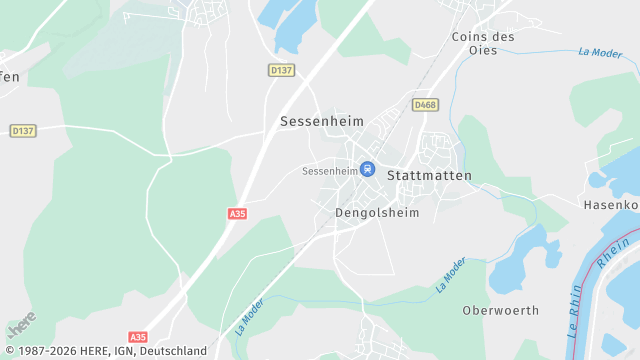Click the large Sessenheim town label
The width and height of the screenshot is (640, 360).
click(x=321, y=121)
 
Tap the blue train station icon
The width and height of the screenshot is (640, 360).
click(x=368, y=170)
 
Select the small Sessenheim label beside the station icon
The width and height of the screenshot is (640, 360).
click(x=329, y=171)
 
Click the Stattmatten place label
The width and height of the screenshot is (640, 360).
click(x=428, y=175)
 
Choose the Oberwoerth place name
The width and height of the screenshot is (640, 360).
click(x=500, y=311)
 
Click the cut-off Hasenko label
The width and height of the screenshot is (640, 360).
click(x=610, y=205)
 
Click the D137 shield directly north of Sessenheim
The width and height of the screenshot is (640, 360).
click(x=281, y=70)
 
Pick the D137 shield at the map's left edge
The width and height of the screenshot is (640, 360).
click(x=22, y=131)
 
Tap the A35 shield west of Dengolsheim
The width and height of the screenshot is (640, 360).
click(x=237, y=213)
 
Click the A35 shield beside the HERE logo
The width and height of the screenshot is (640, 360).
click(x=138, y=337)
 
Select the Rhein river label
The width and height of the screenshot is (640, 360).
click(x=607, y=261)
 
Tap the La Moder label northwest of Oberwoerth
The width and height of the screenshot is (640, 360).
click(x=451, y=274)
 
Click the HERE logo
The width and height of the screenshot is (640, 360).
click(x=21, y=325)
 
